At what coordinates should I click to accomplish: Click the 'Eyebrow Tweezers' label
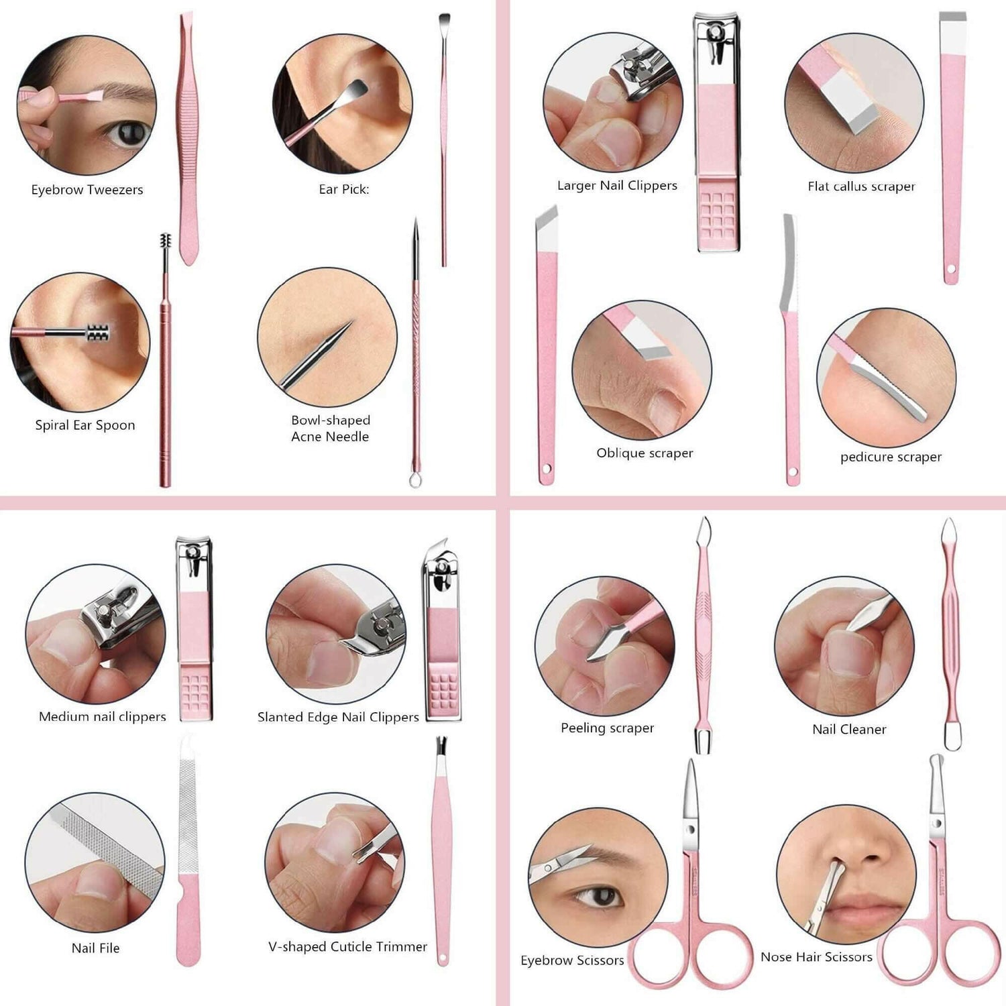[87, 190]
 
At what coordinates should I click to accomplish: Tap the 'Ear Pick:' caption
[343, 189]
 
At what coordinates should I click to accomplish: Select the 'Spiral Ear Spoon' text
[85, 425]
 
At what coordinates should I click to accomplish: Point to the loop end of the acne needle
[415, 480]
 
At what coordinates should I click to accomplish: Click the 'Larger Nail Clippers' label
[617, 186]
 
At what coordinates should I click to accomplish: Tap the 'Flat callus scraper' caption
[861, 186]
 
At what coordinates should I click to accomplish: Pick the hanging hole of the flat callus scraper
[950, 270]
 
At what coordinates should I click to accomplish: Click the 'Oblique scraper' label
[645, 453]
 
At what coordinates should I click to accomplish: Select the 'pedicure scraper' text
[891, 457]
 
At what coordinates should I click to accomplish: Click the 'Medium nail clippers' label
[102, 716]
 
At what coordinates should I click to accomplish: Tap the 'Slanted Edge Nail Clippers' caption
[338, 717]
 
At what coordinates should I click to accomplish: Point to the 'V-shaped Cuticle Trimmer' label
[347, 946]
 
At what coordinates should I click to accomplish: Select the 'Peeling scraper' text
[607, 728]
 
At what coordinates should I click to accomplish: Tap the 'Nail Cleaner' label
[849, 729]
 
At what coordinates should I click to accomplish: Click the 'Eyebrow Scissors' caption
[572, 960]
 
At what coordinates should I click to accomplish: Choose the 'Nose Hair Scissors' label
[816, 957]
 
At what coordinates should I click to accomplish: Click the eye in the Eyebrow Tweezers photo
[128, 133]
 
